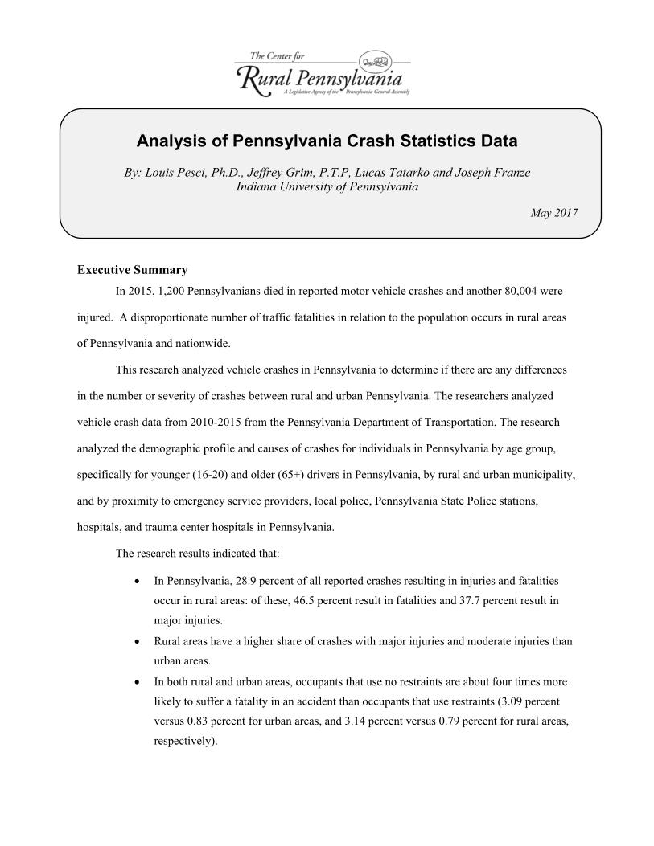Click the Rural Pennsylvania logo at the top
pyautogui.click(x=322, y=74)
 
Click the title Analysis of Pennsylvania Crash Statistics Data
pyautogui.click(x=327, y=141)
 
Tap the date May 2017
pyautogui.click(x=553, y=212)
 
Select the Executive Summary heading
pyautogui.click(x=132, y=270)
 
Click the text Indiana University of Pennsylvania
pyautogui.click(x=327, y=186)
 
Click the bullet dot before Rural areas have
pyautogui.click(x=142, y=641)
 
